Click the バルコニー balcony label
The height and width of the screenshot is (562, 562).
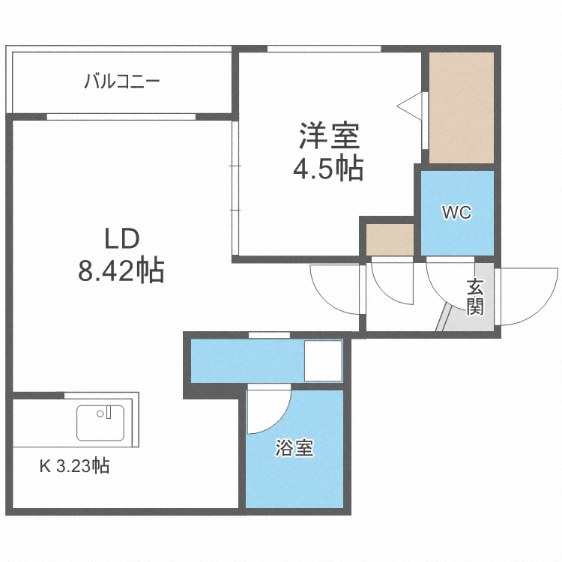121,80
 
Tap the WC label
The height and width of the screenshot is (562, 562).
456,212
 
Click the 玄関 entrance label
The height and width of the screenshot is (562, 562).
475,297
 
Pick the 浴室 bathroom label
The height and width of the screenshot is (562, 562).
294,449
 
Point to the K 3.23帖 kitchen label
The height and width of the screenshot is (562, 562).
74,466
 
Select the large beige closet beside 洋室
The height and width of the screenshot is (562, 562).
461,106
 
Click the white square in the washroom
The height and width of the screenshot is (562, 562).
323,361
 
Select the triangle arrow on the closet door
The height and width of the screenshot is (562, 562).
412,106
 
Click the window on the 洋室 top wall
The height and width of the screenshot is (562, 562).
324,49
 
